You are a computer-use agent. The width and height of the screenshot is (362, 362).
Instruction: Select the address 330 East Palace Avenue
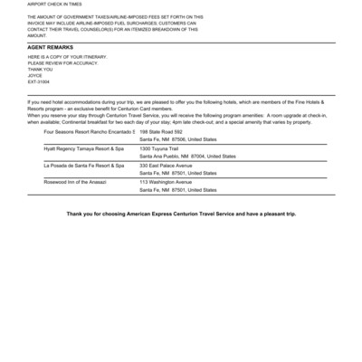(x=166, y=166)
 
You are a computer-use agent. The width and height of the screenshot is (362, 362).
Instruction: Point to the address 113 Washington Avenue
(x=165, y=182)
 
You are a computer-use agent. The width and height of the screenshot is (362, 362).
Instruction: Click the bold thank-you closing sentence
(x=181, y=214)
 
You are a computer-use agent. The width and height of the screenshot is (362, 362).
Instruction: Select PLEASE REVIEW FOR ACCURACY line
(x=67, y=62)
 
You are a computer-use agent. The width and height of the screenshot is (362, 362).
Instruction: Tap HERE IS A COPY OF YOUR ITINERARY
(x=67, y=55)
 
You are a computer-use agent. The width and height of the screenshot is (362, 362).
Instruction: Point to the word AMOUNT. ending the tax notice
(x=38, y=35)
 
